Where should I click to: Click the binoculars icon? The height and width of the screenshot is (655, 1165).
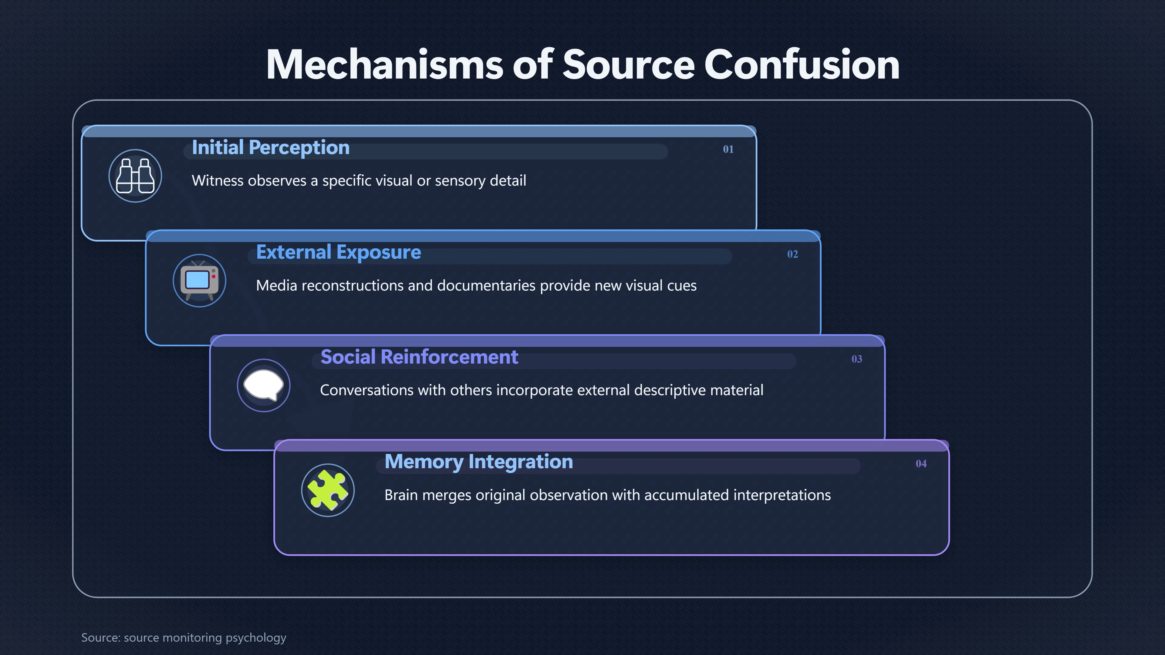135,176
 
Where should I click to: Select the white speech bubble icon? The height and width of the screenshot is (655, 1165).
264,385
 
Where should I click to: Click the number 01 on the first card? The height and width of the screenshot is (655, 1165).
728,149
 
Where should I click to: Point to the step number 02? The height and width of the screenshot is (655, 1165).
792,254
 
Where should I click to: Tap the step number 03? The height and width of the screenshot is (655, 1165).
856,359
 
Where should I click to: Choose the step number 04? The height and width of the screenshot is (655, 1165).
921,464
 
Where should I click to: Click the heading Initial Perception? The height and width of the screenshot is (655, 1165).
270,148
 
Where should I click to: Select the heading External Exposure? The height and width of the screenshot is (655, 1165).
338,253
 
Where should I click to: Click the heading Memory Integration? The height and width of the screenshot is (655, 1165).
478,462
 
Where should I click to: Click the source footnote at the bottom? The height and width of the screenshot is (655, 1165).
184,637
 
